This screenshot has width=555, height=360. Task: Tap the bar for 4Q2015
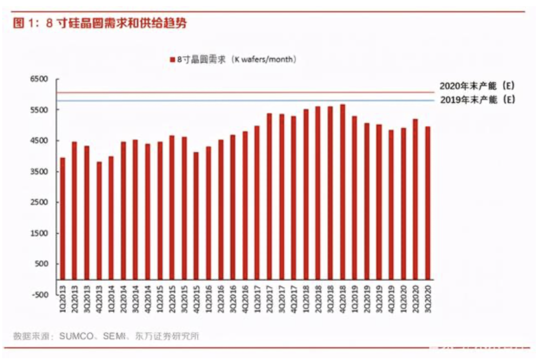[x=196, y=216]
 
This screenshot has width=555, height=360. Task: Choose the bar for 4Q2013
[x=99, y=221]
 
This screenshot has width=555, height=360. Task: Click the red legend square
[x=173, y=60]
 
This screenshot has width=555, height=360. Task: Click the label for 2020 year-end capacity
[x=477, y=85]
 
